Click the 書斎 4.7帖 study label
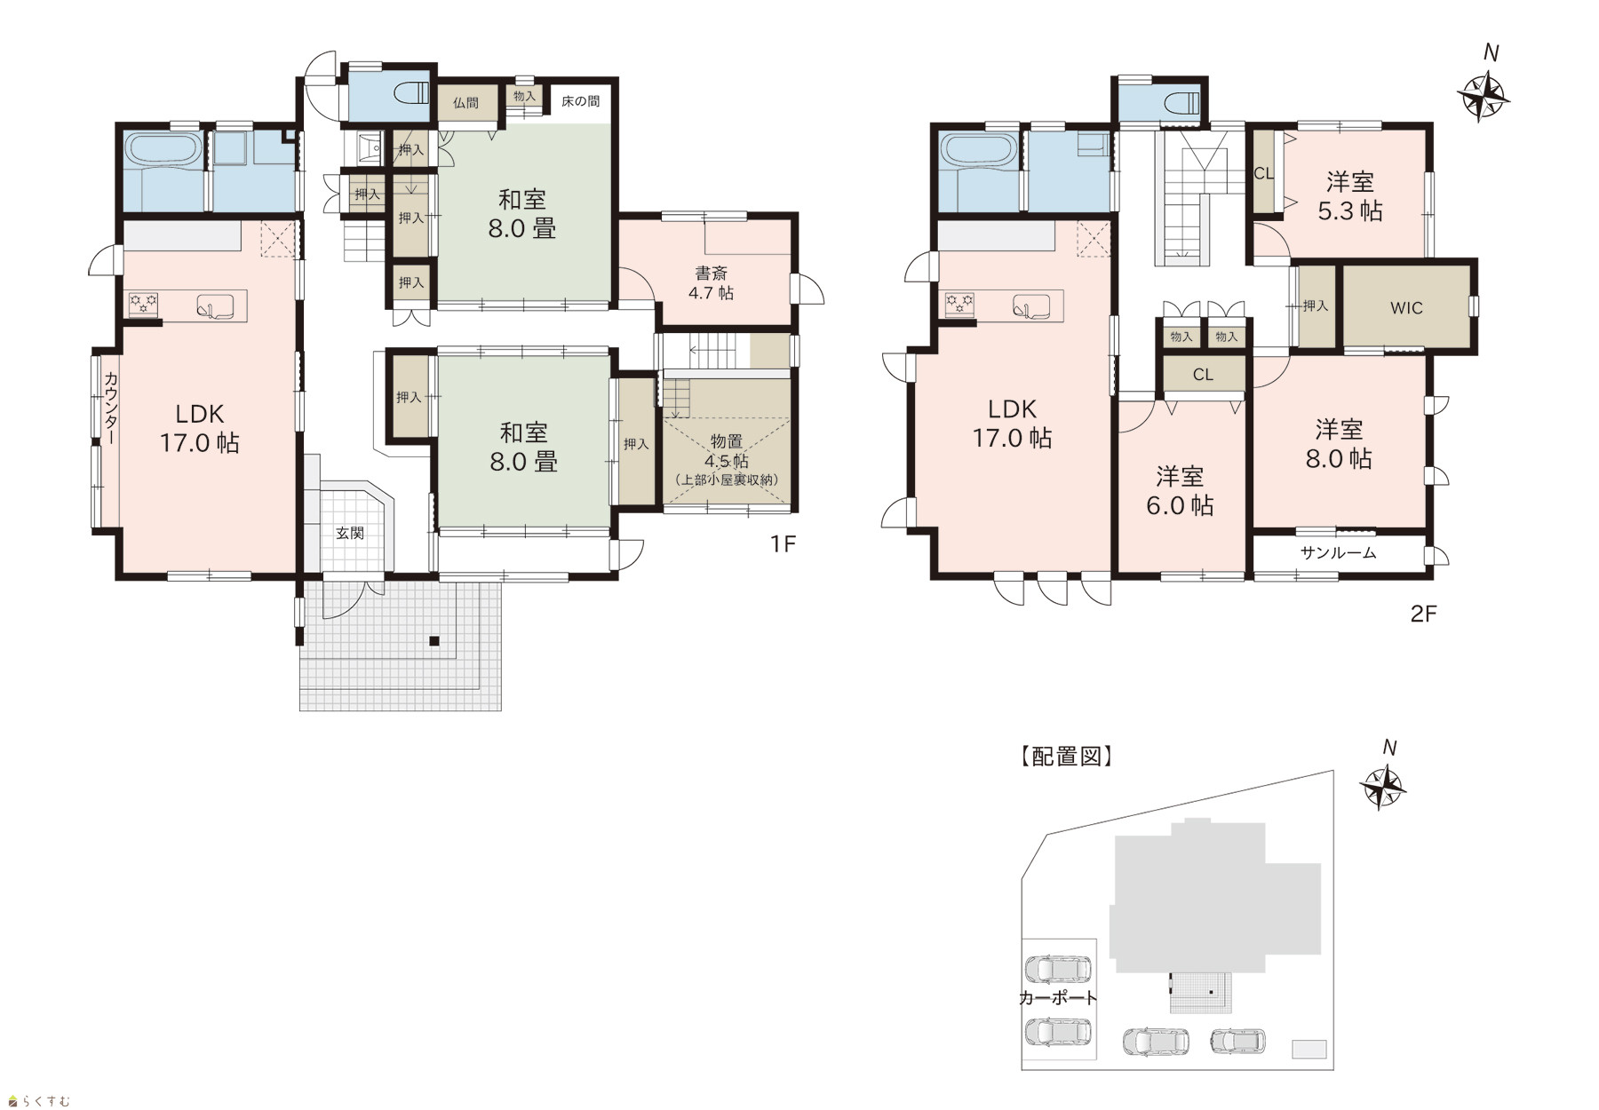(712, 282)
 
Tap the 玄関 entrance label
(350, 533)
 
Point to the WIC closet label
(1406, 308)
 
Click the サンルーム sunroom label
(1338, 552)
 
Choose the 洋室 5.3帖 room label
(1350, 196)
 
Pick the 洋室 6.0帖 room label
(1180, 490)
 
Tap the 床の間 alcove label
(580, 101)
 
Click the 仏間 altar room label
(465, 103)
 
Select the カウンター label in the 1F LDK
(111, 409)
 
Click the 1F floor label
(782, 543)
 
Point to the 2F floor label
(1423, 614)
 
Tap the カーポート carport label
(1057, 998)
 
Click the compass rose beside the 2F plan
(1484, 94)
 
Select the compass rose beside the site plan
(1383, 786)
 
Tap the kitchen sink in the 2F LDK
(1031, 307)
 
